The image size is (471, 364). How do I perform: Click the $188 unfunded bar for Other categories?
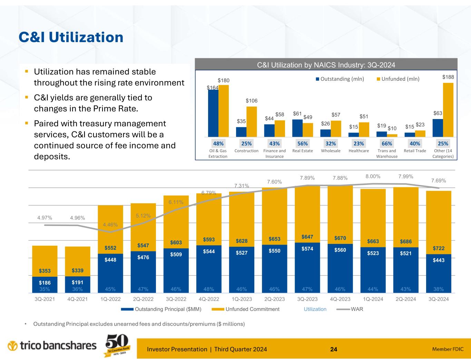click(x=448, y=110)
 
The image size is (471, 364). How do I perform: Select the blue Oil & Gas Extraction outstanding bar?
click(x=213, y=113)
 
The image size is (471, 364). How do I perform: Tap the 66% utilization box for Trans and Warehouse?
click(x=387, y=144)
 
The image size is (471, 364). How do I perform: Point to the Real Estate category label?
click(x=303, y=151)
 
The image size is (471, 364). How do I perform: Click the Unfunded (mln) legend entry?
click(x=400, y=79)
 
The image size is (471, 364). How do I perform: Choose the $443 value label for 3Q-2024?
click(x=439, y=260)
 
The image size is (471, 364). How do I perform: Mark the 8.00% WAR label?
click(x=373, y=176)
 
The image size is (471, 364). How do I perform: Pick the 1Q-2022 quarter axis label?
click(x=110, y=299)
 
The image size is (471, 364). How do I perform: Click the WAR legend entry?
click(x=357, y=309)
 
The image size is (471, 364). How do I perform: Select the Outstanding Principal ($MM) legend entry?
click(x=168, y=309)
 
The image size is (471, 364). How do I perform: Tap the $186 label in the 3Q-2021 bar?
click(x=45, y=283)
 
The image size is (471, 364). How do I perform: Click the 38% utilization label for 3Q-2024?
click(x=439, y=289)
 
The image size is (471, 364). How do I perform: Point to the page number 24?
click(x=333, y=350)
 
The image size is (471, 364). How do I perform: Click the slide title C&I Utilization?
click(x=71, y=37)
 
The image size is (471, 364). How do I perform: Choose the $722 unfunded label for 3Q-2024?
click(x=439, y=249)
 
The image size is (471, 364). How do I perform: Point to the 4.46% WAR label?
click(x=110, y=225)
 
